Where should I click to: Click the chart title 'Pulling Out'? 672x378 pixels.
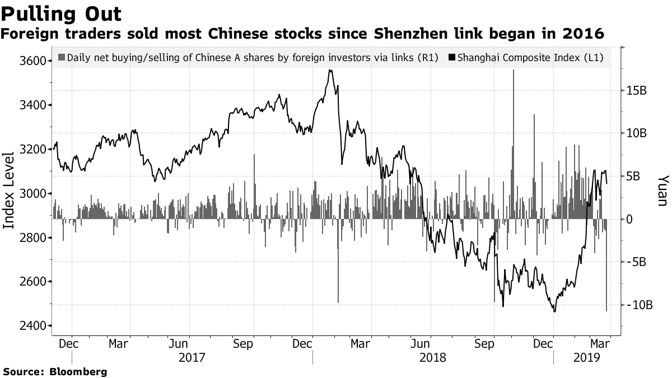click(62, 13)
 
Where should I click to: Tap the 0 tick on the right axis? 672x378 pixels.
click(630, 219)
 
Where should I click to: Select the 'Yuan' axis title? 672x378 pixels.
click(662, 190)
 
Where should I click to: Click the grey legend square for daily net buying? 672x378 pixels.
click(62, 58)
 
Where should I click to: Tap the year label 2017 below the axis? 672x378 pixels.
click(192, 357)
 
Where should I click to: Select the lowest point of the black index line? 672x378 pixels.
click(554, 311)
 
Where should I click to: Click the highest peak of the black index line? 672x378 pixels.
click(331, 70)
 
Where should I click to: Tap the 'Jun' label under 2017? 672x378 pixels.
click(178, 343)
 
